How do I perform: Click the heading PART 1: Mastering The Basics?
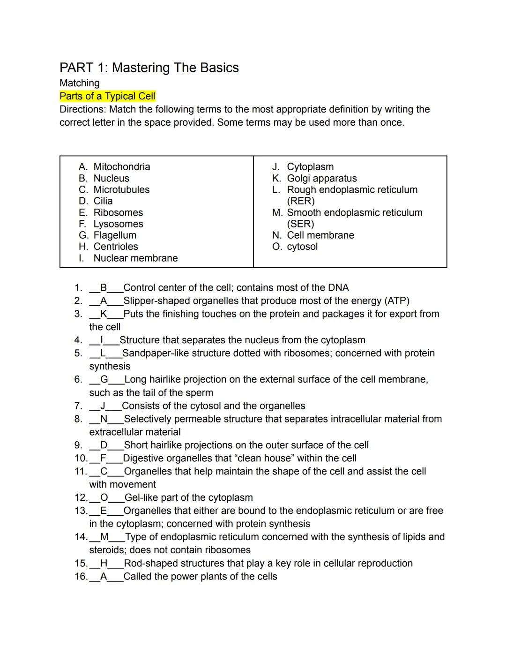(149, 68)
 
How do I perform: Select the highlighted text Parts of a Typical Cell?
(107, 97)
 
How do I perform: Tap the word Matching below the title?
(80, 83)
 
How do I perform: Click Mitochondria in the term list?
(122, 167)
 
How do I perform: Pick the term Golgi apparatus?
(321, 179)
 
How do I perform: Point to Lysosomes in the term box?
(118, 224)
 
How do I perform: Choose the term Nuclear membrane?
(135, 258)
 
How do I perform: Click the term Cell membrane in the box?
(320, 235)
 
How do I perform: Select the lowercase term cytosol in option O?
(302, 247)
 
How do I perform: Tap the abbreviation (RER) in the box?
(301, 201)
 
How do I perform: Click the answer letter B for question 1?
(104, 288)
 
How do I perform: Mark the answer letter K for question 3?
(104, 314)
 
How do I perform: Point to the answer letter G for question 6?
(104, 380)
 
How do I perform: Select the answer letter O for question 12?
(104, 498)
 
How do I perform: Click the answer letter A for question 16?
(104, 577)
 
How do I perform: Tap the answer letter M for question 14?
(104, 537)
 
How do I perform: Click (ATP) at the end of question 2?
(397, 301)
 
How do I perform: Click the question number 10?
(80, 459)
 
